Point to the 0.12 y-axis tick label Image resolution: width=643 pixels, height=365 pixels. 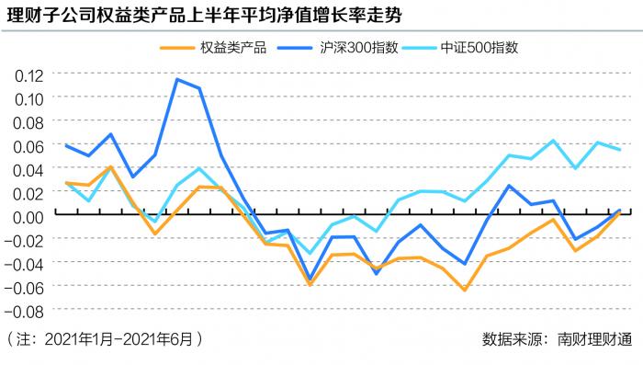point(27,74)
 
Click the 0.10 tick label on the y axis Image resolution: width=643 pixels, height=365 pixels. point(27,97)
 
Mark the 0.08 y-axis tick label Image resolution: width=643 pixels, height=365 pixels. point(27,121)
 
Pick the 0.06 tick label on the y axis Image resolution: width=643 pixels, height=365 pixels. point(27,145)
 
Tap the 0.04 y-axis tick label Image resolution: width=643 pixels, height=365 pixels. point(27,169)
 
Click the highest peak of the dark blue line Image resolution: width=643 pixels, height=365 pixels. point(177,79)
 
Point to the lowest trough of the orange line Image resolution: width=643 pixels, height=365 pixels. point(465,291)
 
